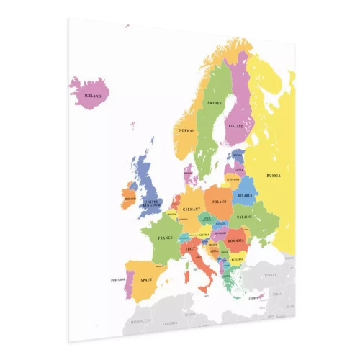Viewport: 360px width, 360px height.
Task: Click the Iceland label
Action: coord(93,95)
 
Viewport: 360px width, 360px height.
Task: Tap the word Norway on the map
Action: coord(186,130)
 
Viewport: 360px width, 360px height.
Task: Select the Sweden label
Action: coord(215,104)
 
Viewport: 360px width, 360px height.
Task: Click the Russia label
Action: coord(274,176)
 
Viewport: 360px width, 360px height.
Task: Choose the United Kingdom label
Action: coord(152,203)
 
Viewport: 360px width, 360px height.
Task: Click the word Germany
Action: coord(191,209)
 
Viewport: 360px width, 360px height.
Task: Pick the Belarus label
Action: coord(246,195)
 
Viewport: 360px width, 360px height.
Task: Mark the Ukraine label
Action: coord(245,217)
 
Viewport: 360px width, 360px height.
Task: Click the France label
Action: coord(166,237)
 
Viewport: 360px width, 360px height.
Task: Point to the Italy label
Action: coord(191,249)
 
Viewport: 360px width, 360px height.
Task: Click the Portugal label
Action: coord(118,280)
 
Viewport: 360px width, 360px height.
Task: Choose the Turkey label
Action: coord(270,274)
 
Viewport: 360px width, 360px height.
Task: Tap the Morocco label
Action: coord(140,320)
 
